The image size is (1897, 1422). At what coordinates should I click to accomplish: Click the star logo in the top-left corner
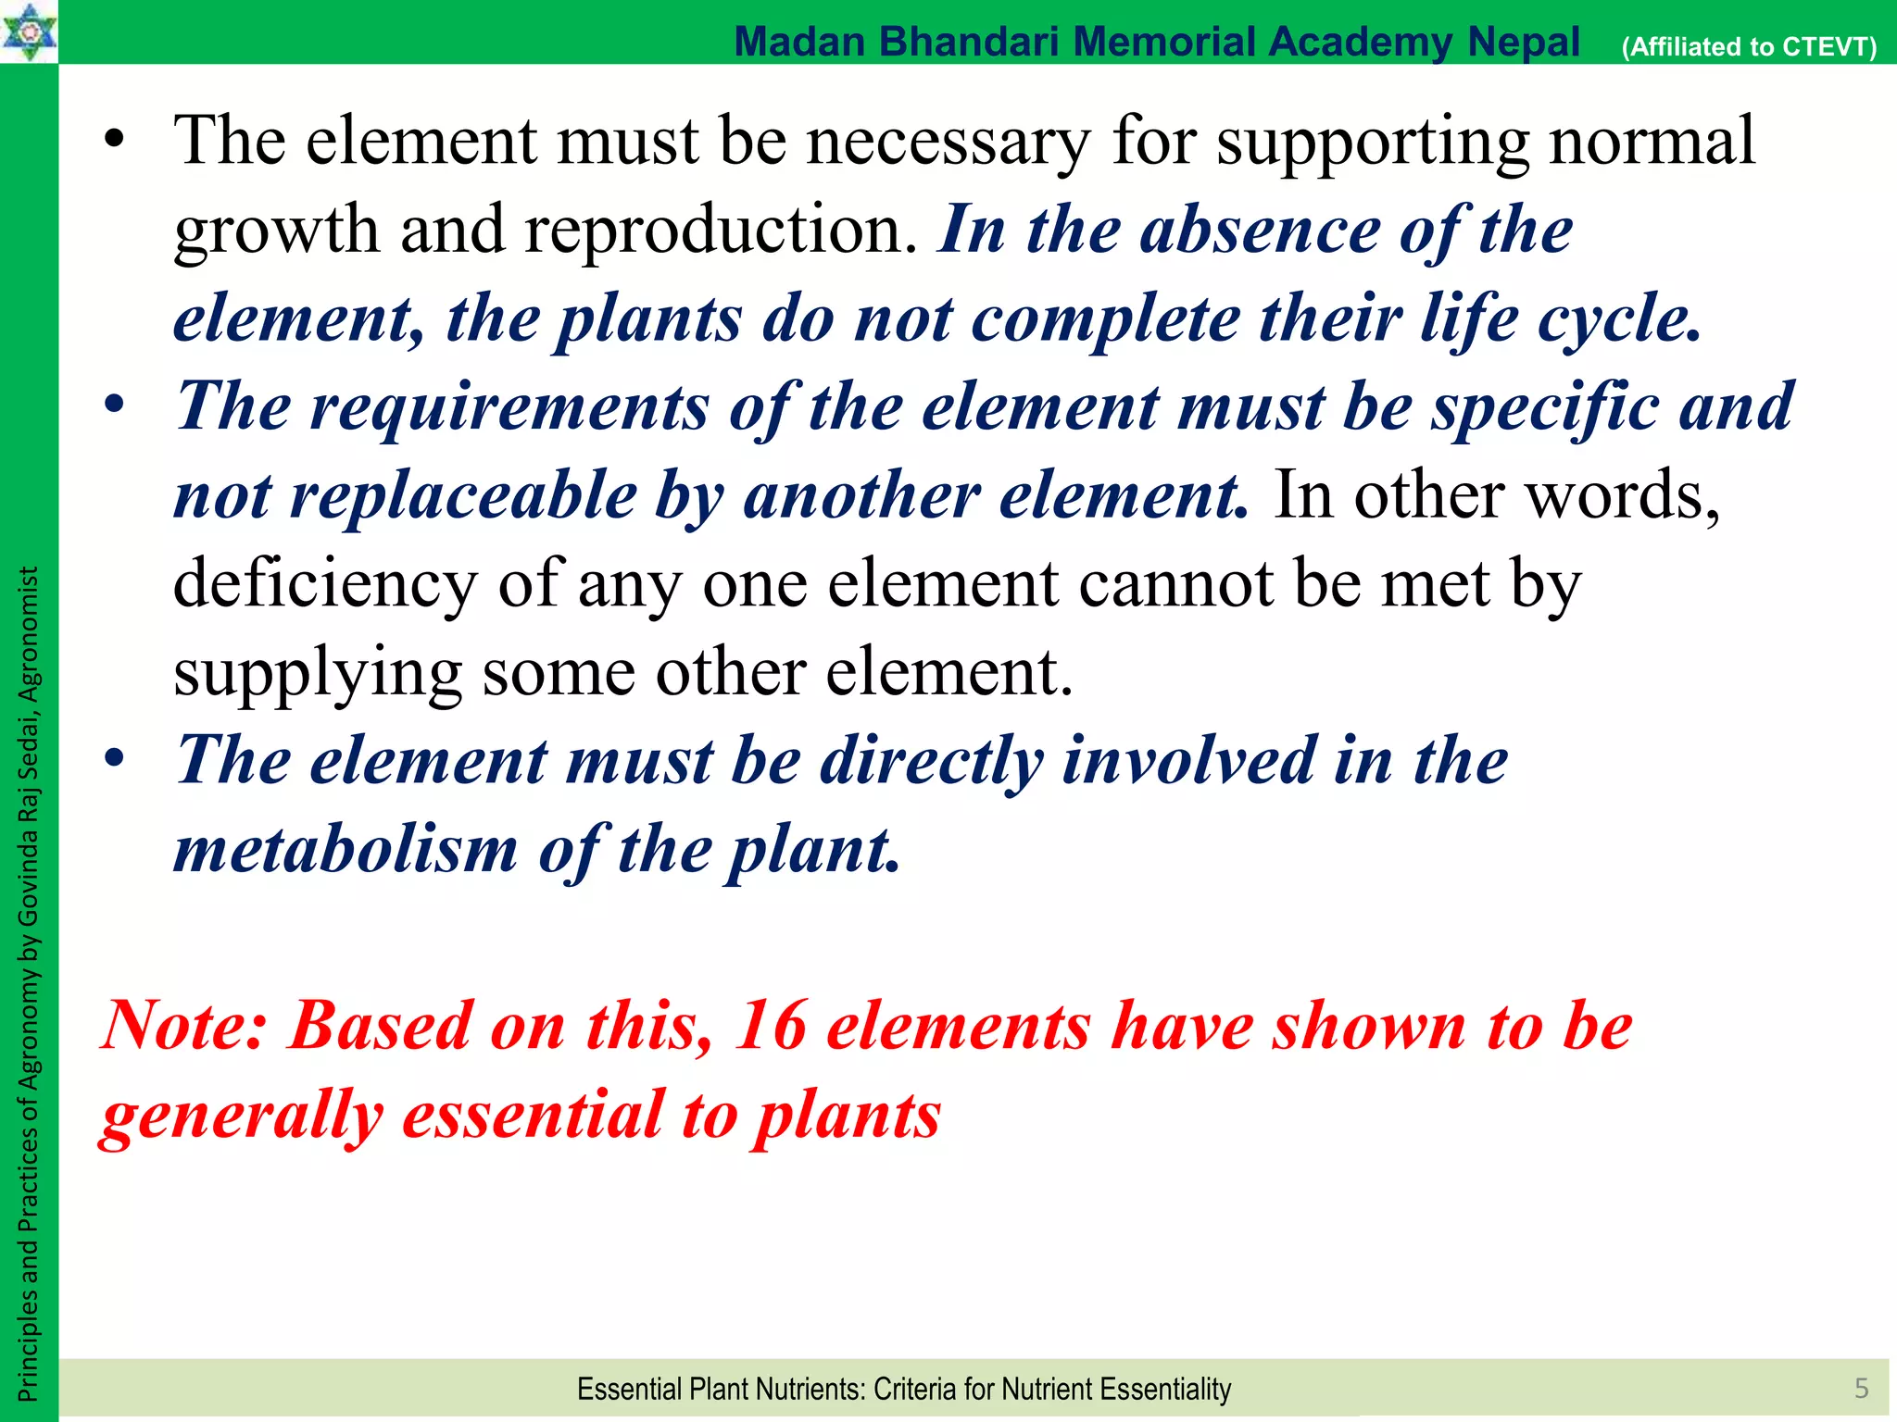click(28, 31)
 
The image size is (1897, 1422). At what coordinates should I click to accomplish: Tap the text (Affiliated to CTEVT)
click(1749, 46)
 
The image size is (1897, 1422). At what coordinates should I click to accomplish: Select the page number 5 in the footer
click(1861, 1388)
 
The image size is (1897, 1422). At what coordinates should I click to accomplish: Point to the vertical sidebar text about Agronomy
click(28, 981)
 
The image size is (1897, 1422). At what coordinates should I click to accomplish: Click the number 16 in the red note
click(770, 1026)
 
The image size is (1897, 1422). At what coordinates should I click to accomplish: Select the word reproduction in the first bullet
click(721, 230)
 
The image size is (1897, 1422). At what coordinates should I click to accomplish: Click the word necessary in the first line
click(948, 141)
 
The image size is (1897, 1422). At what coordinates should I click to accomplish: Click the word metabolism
click(345, 849)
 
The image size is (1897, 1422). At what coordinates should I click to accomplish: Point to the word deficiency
click(324, 584)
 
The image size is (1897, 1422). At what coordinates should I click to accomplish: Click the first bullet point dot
click(114, 142)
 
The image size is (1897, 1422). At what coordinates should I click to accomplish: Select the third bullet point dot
click(114, 760)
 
